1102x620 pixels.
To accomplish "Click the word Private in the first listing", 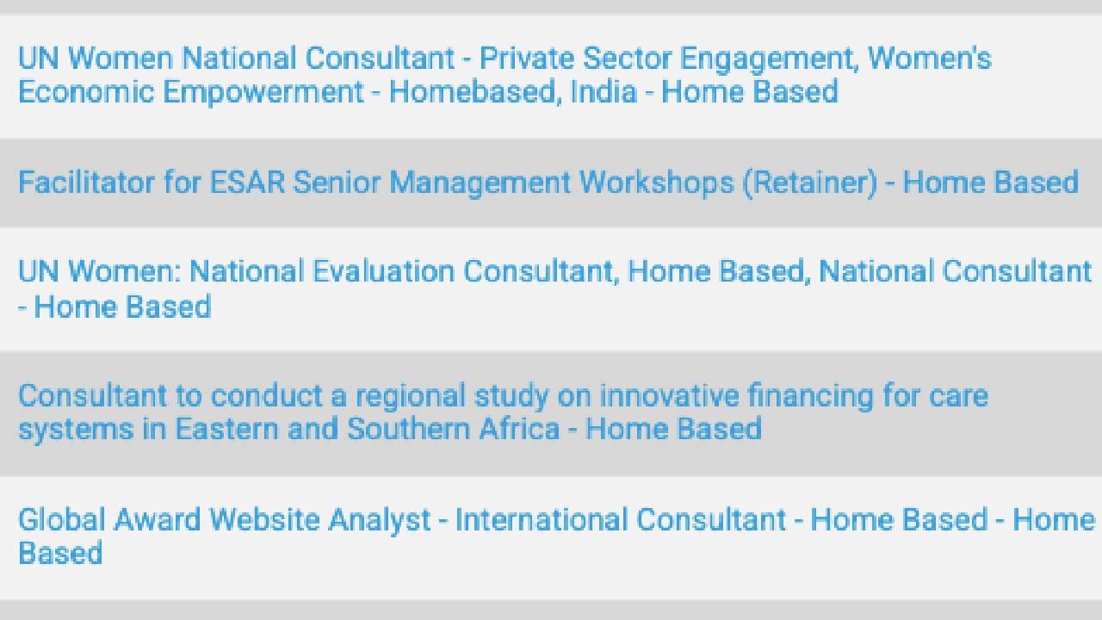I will coord(527,59).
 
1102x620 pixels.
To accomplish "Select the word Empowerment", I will coord(263,92).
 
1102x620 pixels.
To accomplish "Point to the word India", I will coord(604,92).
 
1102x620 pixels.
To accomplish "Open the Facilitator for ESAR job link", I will coord(548,183).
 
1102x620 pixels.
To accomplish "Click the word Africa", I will coord(519,429).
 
